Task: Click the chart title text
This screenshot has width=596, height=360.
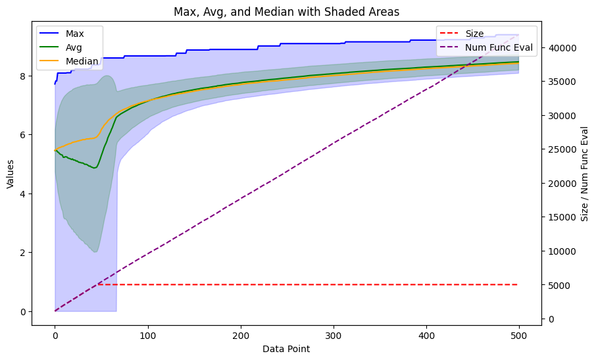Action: (x=286, y=12)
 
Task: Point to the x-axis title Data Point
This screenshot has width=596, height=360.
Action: (x=286, y=349)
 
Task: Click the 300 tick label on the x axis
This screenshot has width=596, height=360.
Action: (x=241, y=336)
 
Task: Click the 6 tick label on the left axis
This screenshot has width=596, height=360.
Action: (x=22, y=135)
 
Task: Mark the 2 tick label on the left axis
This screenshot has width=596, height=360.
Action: (x=22, y=253)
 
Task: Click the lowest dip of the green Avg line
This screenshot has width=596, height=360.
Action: (x=94, y=168)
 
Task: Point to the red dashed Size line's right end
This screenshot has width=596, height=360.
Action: (x=518, y=284)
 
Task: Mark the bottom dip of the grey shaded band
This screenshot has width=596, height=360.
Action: (x=96, y=252)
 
